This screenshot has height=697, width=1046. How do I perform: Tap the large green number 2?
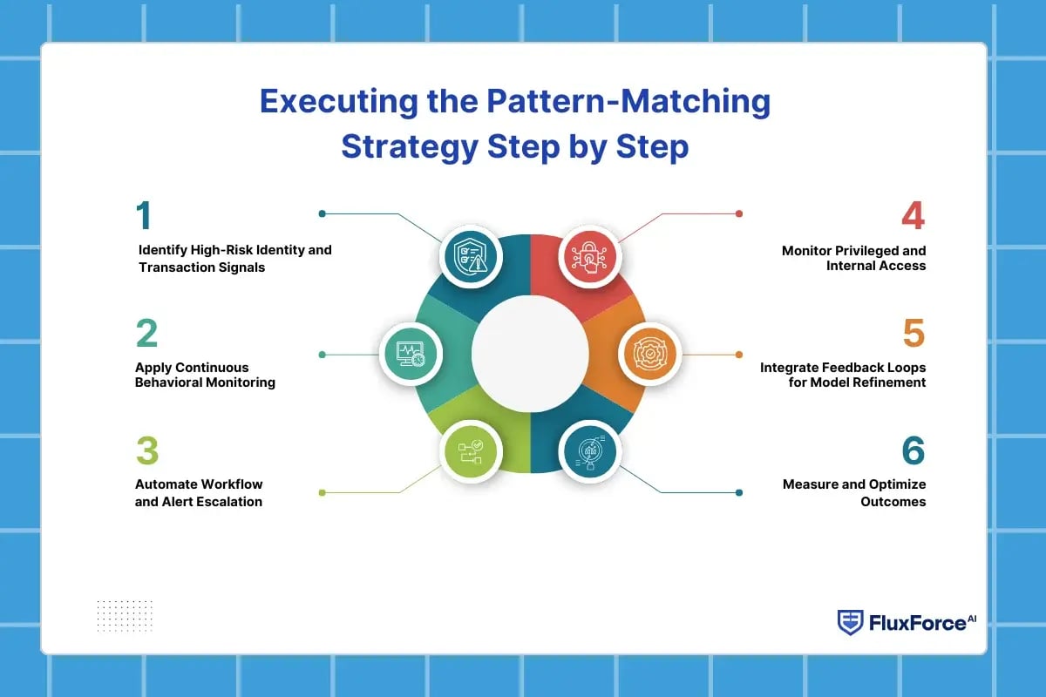click(x=146, y=335)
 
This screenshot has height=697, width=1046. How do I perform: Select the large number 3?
click(x=146, y=452)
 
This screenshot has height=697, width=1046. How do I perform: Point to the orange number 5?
click(x=913, y=335)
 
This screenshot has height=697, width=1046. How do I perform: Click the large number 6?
click(x=913, y=452)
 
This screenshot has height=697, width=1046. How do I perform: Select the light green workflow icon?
click(x=470, y=452)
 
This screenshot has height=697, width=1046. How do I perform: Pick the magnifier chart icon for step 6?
click(x=588, y=452)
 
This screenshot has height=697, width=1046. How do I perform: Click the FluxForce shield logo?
click(x=850, y=622)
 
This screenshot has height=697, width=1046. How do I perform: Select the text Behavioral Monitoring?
click(x=205, y=382)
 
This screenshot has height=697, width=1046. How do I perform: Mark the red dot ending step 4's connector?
click(x=739, y=213)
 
